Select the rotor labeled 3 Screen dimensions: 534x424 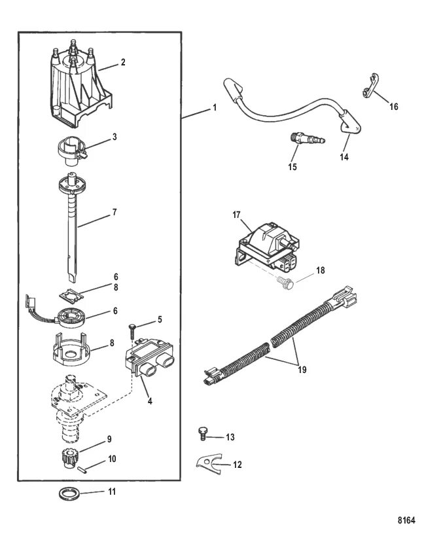(x=68, y=150)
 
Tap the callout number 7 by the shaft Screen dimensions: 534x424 (x=115, y=213)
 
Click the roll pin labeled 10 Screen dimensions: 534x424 (x=84, y=467)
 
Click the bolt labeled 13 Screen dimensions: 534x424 (x=202, y=433)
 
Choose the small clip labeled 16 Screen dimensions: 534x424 (x=369, y=93)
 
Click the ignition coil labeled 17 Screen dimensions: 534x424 (x=265, y=243)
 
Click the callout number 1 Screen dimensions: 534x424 (x=213, y=108)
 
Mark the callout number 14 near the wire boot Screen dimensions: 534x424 (x=344, y=157)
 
